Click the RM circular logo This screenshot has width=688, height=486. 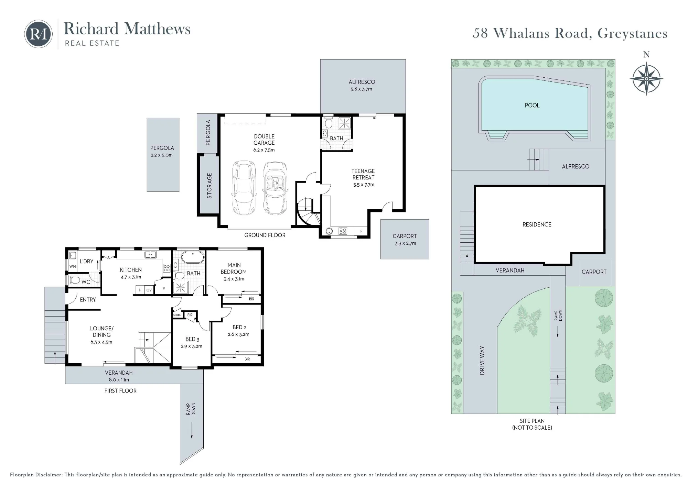point(38,34)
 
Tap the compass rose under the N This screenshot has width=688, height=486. point(646,79)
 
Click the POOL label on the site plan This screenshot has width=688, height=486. point(532,106)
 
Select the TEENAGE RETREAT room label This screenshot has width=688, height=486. point(363,174)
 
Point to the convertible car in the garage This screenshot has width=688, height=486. point(275,188)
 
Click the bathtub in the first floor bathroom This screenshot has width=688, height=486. point(193,257)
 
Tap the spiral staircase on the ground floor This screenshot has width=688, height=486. point(308,212)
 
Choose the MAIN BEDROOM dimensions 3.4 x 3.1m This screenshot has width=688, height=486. point(234,279)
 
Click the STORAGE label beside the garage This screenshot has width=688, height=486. point(209,186)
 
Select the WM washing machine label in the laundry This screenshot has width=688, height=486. point(73,266)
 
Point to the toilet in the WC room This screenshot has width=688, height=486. point(74,280)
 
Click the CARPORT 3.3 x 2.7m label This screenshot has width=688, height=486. point(405,240)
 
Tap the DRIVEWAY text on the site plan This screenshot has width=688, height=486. point(482,360)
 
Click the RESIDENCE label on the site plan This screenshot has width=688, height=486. point(537,224)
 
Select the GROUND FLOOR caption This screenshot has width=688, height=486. point(265,235)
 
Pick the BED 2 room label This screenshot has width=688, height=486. point(239,328)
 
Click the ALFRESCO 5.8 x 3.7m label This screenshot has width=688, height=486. point(362,85)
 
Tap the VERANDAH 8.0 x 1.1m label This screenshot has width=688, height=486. point(119,376)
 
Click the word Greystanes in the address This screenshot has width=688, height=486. point(632,33)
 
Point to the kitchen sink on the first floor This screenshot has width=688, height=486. point(150,255)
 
